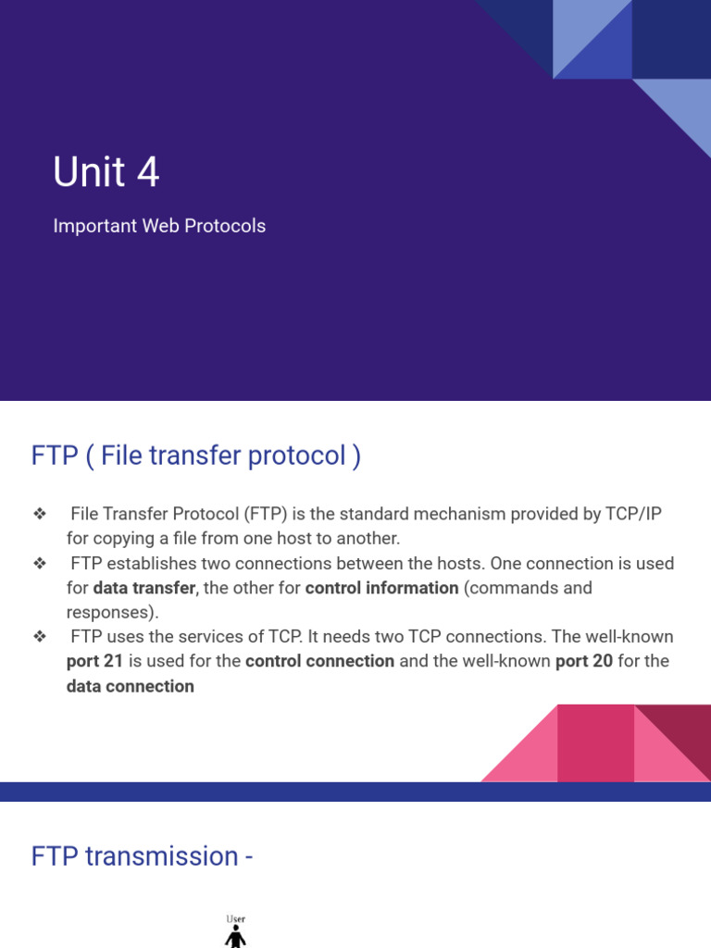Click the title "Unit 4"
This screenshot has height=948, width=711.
coord(106,172)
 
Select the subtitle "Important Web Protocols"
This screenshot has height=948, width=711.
coord(159,226)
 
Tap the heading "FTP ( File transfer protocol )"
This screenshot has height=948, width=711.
coord(195,455)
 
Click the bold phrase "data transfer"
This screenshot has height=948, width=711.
coord(144,588)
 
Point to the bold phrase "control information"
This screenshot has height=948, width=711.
coord(381,588)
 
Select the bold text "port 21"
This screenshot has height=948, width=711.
coord(94,661)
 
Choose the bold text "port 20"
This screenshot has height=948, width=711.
coord(583,661)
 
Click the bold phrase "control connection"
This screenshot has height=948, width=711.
coord(319,661)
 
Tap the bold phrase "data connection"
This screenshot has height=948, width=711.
coord(131,686)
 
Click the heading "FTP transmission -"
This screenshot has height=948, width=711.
coord(143,855)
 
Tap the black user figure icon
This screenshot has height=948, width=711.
coord(236,937)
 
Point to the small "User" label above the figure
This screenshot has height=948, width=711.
coord(236,919)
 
